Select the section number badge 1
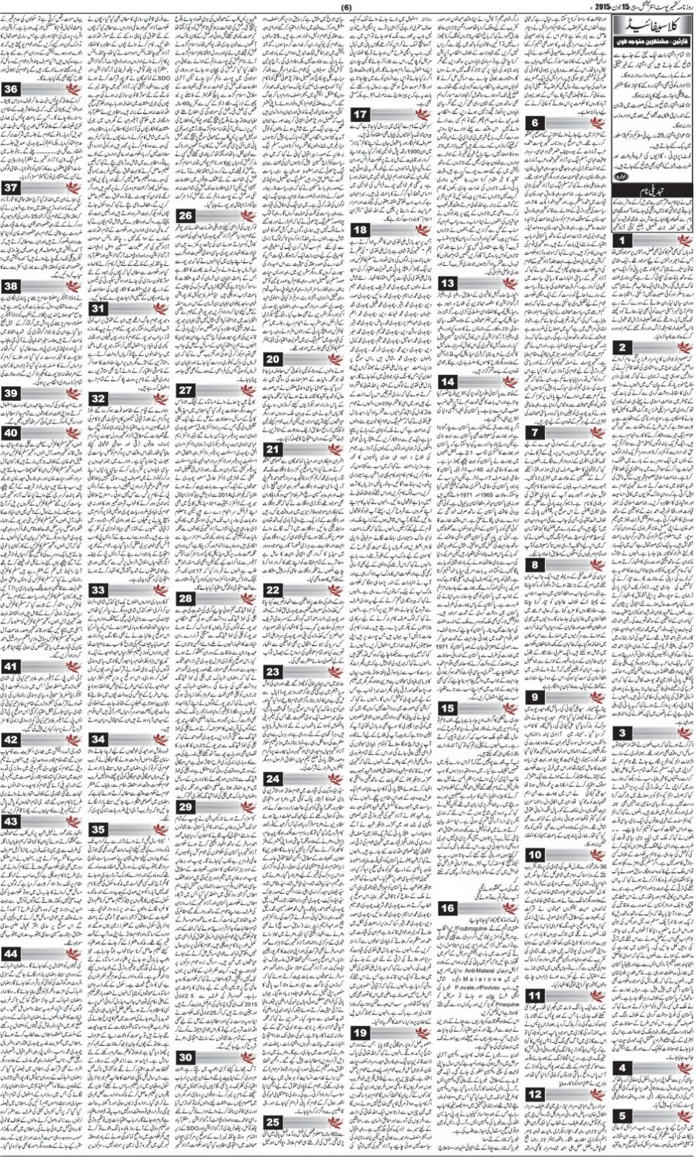click(x=623, y=241)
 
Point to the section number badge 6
click(x=535, y=123)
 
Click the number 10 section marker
click(x=535, y=855)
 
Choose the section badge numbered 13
click(x=448, y=283)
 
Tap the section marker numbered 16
click(x=448, y=908)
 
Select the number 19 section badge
click(x=361, y=1033)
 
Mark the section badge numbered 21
click(x=273, y=449)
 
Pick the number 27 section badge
click(x=186, y=390)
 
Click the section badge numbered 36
click(x=11, y=89)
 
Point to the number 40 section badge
click(x=11, y=433)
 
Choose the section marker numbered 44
click(x=11, y=953)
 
